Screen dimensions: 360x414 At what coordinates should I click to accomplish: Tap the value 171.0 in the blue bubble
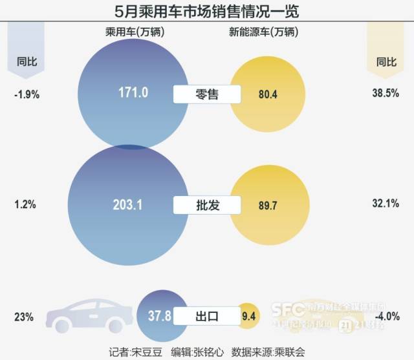point(133,93)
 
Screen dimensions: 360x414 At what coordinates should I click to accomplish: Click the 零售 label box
point(207,94)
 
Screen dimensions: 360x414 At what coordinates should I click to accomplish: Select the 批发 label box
point(207,206)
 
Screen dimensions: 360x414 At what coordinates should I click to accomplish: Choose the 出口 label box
point(207,317)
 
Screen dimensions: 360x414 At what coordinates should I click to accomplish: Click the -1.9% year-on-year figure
point(27,94)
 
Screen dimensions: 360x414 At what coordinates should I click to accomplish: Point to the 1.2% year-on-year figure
point(25,205)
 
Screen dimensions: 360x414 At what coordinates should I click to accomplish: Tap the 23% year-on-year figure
point(23,317)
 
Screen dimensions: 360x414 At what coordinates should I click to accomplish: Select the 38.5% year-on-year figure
point(387,94)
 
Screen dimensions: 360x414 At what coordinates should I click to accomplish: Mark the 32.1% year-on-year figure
point(387,205)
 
